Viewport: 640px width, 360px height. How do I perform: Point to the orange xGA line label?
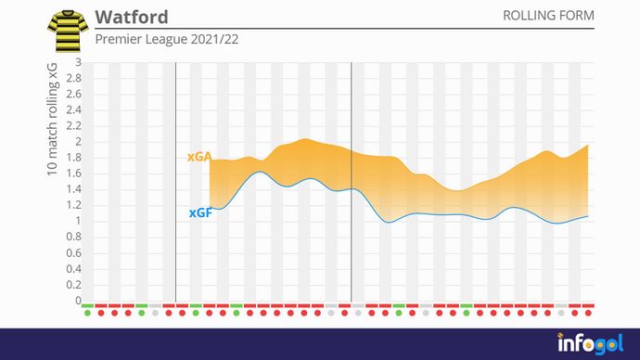click(x=198, y=158)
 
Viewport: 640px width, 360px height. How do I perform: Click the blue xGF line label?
click(x=199, y=212)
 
